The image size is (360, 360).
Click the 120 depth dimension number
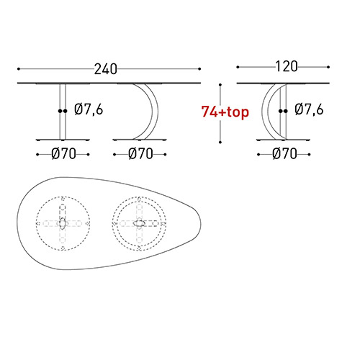tap(286, 67)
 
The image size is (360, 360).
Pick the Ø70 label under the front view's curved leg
tap(140, 153)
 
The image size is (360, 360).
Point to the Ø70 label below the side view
tap(286, 153)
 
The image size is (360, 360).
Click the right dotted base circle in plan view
tap(140, 222)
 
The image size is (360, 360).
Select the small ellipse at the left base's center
tap(63, 222)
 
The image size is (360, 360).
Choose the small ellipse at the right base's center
tap(140, 222)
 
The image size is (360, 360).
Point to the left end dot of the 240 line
tap(18, 69)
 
